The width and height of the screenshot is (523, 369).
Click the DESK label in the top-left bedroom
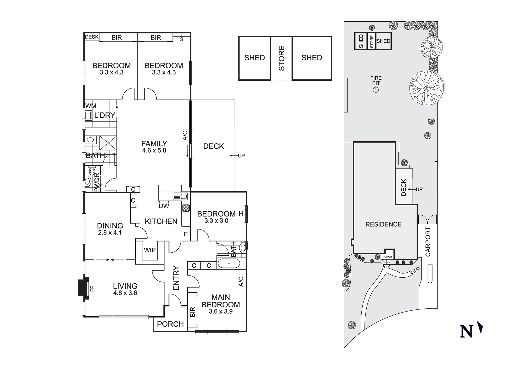tap(92, 37)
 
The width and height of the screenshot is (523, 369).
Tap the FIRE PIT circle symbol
tap(376, 90)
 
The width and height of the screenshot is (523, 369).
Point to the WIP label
tap(150, 250)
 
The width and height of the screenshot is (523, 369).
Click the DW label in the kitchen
tap(164, 206)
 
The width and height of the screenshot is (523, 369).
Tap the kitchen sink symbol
tap(180, 196)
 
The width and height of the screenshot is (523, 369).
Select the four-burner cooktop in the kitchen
tap(186, 208)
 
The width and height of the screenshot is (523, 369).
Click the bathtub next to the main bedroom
tap(229, 263)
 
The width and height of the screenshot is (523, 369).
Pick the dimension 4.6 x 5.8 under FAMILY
tap(154, 150)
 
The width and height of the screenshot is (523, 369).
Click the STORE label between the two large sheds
tap(281, 58)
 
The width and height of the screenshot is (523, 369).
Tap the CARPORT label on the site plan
tap(428, 242)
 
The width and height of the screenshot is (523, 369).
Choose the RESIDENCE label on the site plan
tap(383, 224)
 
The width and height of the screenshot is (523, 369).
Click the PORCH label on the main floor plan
tap(170, 324)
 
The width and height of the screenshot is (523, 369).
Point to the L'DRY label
tap(105, 115)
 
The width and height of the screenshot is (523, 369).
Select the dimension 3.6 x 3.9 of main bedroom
tap(221, 311)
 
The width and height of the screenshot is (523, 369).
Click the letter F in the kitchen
tap(186, 234)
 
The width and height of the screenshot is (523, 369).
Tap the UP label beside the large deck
tap(241, 156)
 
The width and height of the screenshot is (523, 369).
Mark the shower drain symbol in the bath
tap(108, 143)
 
